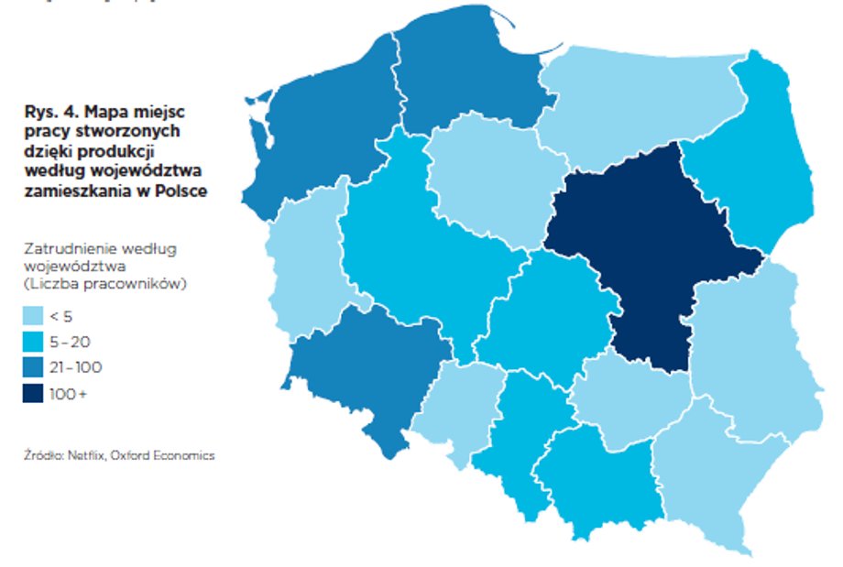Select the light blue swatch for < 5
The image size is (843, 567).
click(x=32, y=316)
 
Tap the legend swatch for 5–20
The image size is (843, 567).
click(x=32, y=342)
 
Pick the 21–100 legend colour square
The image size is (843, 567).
click(x=32, y=367)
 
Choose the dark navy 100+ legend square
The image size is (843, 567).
click(x=32, y=394)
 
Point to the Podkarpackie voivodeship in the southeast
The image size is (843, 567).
click(x=706, y=467)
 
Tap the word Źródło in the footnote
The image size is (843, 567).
click(x=38, y=455)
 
